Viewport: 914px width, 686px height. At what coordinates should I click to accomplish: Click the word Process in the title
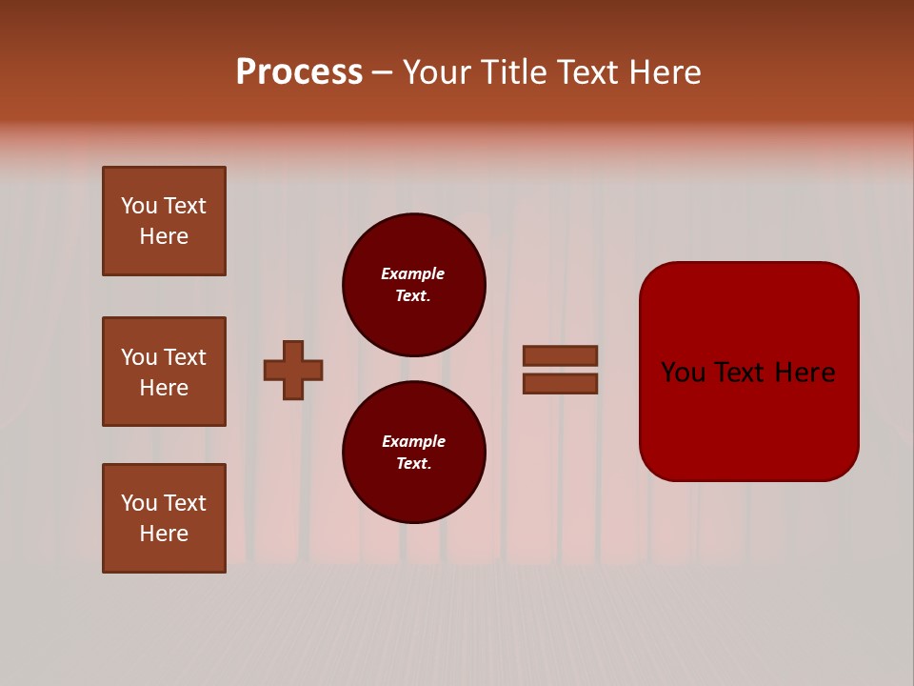pos(299,72)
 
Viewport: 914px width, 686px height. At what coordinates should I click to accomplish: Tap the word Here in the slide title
pos(664,72)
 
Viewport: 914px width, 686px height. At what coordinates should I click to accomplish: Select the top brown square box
pos(164,221)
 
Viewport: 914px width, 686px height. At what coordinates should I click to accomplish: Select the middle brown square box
pos(164,372)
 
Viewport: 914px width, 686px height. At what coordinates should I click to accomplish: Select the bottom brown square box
pos(164,518)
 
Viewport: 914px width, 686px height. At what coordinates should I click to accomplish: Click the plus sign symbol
pos(293,370)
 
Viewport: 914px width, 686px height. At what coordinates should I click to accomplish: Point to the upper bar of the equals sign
pos(560,355)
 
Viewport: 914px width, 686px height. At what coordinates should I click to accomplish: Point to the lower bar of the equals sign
pos(560,384)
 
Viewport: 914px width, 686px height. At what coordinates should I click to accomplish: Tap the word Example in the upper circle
pos(412,273)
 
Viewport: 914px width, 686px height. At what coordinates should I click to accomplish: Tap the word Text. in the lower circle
pos(413,463)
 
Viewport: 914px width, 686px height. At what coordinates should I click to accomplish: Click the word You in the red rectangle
pos(683,373)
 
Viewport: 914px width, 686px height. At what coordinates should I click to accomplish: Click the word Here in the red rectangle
pos(805,373)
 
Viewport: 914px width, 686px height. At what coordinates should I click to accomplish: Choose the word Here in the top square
pos(164,236)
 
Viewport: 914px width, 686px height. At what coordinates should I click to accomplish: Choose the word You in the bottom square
pos(139,503)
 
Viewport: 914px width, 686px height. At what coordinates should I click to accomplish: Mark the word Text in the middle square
pos(184,357)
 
